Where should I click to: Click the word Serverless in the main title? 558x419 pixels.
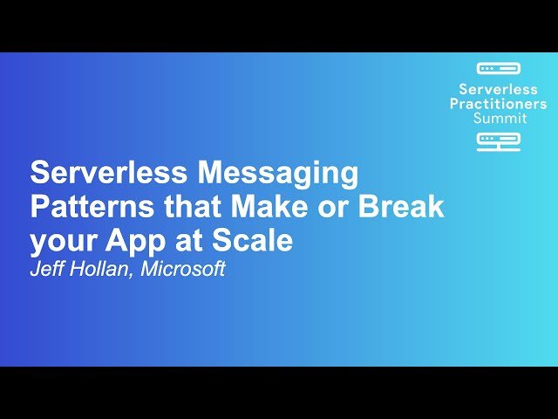pyautogui.click(x=108, y=173)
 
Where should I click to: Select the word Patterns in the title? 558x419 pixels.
pyautogui.click(x=92, y=206)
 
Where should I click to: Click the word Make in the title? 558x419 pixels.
pyautogui.click(x=269, y=206)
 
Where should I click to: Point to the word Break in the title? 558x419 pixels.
pyautogui.click(x=401, y=206)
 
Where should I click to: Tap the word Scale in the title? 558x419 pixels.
pyautogui.click(x=252, y=240)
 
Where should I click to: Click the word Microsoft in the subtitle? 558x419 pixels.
pyautogui.click(x=183, y=269)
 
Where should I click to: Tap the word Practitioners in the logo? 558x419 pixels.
pyautogui.click(x=498, y=104)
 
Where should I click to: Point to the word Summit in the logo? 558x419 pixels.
pyautogui.click(x=500, y=118)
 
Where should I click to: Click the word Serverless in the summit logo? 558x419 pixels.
pyautogui.click(x=498, y=89)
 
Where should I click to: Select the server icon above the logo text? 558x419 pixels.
pyautogui.click(x=499, y=68)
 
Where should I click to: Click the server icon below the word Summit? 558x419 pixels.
pyautogui.click(x=499, y=142)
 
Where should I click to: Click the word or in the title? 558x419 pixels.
pyautogui.click(x=332, y=209)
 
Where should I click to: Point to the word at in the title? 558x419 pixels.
pyautogui.click(x=189, y=241)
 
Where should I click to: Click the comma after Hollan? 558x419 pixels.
pyautogui.click(x=130, y=275)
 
